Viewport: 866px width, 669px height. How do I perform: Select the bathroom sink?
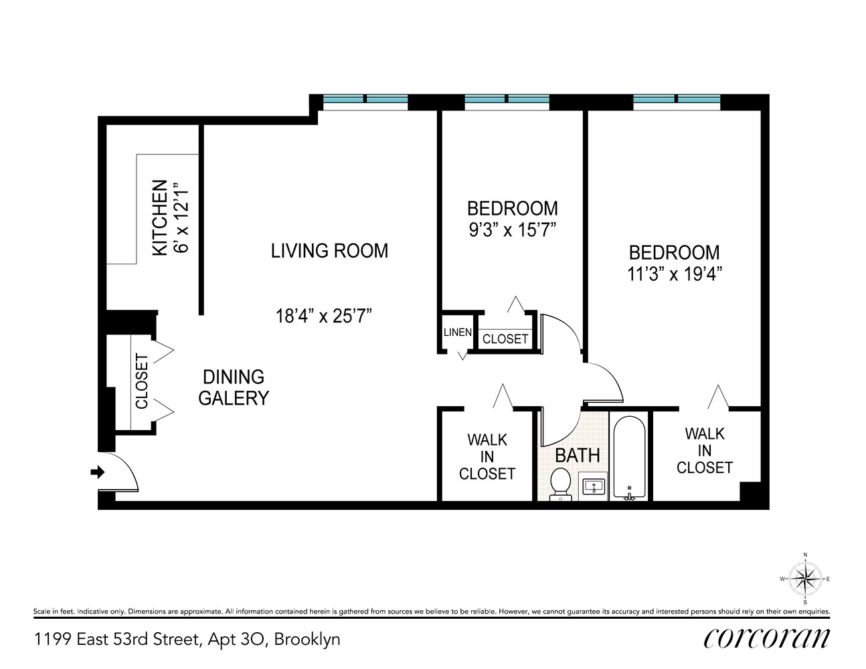593,486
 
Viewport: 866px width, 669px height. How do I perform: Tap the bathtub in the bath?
628,458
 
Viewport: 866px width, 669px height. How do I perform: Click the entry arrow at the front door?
98,472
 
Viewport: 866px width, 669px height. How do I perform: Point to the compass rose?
805,578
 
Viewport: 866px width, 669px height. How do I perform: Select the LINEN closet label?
458,332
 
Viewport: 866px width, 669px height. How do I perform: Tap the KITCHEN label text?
160,217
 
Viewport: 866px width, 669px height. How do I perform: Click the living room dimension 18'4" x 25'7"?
323,315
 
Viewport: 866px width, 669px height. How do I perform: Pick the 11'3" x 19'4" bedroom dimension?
675,274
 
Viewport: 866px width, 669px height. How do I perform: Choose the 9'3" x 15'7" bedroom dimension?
513,230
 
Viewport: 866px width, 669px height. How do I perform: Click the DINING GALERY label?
233,387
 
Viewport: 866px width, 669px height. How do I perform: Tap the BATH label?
578,456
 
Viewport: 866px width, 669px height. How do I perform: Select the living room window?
365,101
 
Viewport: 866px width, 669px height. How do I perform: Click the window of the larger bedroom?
677,101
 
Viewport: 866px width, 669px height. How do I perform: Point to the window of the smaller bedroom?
507,101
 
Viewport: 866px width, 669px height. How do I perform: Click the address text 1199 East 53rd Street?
187,639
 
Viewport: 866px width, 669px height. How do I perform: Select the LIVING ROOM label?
329,251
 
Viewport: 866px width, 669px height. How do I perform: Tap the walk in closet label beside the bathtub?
705,450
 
